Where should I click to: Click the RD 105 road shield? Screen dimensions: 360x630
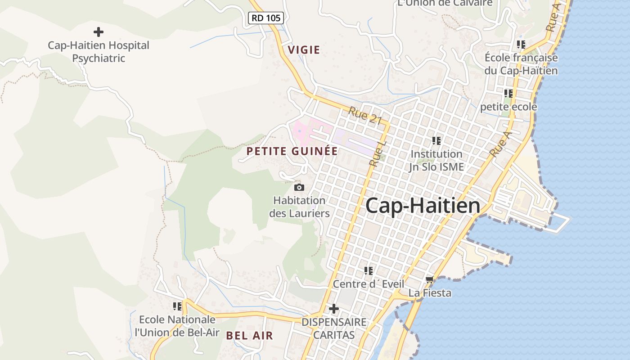266,18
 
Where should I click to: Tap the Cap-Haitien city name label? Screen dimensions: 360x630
423,206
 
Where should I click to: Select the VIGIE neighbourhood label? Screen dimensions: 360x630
304,50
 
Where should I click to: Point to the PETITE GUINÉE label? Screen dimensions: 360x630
292,151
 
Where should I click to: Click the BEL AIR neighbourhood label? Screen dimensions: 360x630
249,335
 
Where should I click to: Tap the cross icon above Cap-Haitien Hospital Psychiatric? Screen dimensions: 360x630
98,32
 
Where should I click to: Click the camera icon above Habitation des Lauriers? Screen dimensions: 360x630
299,187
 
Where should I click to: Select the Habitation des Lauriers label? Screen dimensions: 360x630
299,207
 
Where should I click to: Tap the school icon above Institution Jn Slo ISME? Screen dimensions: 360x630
436,141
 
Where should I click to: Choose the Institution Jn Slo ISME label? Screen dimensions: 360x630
436,160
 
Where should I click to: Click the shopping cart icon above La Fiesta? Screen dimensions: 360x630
430,280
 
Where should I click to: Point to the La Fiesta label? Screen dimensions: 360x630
430,293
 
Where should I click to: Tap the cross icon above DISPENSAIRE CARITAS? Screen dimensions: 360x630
333,309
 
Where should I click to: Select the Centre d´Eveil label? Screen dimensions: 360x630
368,284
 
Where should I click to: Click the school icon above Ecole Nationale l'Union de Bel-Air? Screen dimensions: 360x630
177,306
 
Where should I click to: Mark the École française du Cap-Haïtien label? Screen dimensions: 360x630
521,64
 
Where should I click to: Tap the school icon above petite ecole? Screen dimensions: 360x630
508,94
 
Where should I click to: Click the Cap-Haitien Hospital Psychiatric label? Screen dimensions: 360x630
99,52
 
